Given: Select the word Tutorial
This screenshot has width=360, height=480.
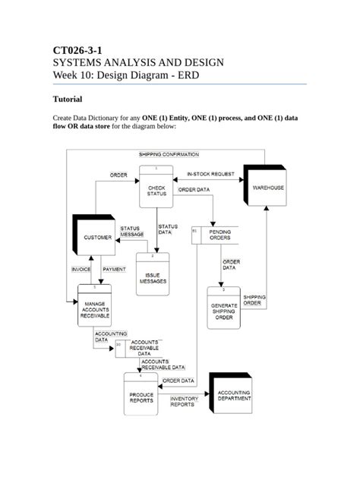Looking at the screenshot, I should [71, 99].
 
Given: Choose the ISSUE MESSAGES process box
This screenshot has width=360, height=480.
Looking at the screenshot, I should [153, 277].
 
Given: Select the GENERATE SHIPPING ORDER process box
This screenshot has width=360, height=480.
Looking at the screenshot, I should [223, 308].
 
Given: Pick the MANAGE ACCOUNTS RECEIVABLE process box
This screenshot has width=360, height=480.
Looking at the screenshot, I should [95, 308].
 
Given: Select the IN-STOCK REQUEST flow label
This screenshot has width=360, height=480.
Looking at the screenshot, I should [210, 174].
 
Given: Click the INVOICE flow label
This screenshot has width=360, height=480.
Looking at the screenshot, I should [81, 270].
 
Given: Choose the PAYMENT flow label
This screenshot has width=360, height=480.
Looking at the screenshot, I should [114, 270].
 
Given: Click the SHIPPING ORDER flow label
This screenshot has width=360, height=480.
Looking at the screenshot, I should [253, 300].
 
